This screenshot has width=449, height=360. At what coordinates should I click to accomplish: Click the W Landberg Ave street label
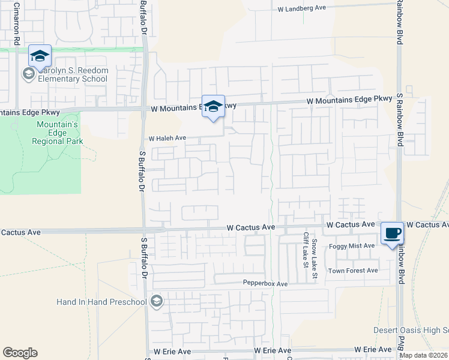pos(301,8)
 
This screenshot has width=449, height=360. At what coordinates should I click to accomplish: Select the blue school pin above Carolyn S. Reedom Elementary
pos(40,56)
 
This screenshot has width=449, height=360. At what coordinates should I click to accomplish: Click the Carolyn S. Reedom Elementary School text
pos(73,74)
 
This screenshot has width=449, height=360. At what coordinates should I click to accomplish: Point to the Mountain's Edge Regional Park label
pos(58,133)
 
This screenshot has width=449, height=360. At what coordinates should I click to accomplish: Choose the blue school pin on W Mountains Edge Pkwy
pos(213,107)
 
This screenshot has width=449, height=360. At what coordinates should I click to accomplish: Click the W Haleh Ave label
pos(167,138)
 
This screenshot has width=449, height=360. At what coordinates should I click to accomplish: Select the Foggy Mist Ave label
pos(352,246)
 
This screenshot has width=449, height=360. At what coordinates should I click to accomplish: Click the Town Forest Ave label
pos(352,271)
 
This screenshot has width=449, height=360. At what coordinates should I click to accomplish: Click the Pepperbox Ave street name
pos(265,283)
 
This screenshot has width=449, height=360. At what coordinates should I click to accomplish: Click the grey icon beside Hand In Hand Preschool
pos(157,301)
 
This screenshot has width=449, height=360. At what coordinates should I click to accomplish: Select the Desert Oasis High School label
pos(411,330)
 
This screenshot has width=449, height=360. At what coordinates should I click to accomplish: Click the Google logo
pos(20,353)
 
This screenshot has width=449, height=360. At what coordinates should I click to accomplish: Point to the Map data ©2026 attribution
pos(423,355)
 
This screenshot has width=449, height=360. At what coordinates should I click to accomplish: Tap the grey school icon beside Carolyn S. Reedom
pos(28,74)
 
